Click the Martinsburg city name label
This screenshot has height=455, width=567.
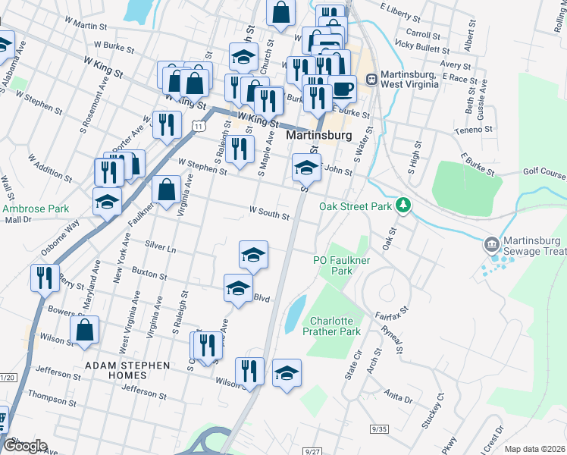tap(319, 135)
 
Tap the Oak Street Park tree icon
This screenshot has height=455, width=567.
tap(405, 205)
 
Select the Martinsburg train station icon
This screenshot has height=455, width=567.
tap(371, 78)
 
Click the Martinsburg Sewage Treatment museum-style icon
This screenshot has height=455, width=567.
tap(491, 245)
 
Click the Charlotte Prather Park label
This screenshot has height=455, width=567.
tap(331, 326)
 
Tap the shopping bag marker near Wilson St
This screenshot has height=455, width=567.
tap(84, 330)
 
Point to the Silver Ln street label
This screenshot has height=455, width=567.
tap(160, 247)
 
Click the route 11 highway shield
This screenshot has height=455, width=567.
tap(197, 125)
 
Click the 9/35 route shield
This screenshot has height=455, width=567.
tap(378, 429)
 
